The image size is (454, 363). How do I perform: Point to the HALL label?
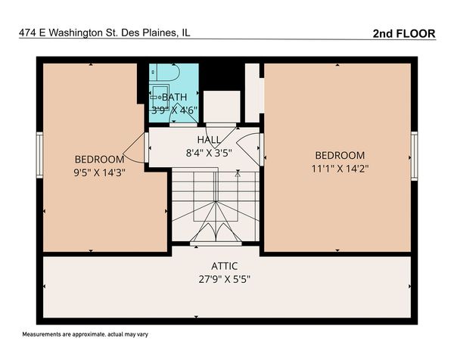point(209,140)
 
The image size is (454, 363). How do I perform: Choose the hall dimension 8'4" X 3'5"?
point(209,152)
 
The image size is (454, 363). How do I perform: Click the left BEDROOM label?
point(99,160)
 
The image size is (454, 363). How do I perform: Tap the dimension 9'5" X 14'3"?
point(99,172)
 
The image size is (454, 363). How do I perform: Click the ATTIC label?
point(225,266)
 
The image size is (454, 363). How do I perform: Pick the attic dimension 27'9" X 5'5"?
point(225,278)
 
